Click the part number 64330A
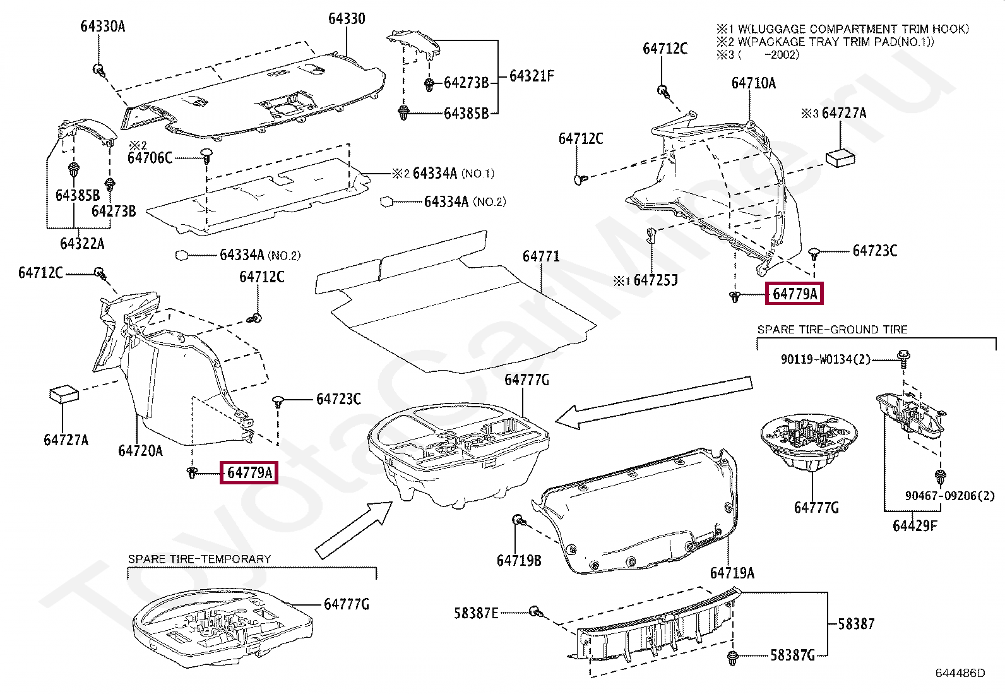pos(102,26)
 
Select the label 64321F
pos(532,76)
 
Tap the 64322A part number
pos(82,243)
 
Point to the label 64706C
pos(150,158)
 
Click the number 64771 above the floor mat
pos(541,256)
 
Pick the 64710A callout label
pos(753,83)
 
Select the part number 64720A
pos(140,450)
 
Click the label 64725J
pos(655,280)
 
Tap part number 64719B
pos(518,561)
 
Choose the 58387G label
pos(793,655)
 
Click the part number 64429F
pos(915,525)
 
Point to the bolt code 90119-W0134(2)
pos(825,359)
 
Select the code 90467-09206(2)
pos(949,496)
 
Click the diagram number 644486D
pos(960,673)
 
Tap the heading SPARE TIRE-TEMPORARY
pos(199,559)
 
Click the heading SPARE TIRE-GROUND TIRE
pos(832,330)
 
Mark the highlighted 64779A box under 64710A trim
pos(794,294)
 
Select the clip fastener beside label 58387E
pos(536,611)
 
